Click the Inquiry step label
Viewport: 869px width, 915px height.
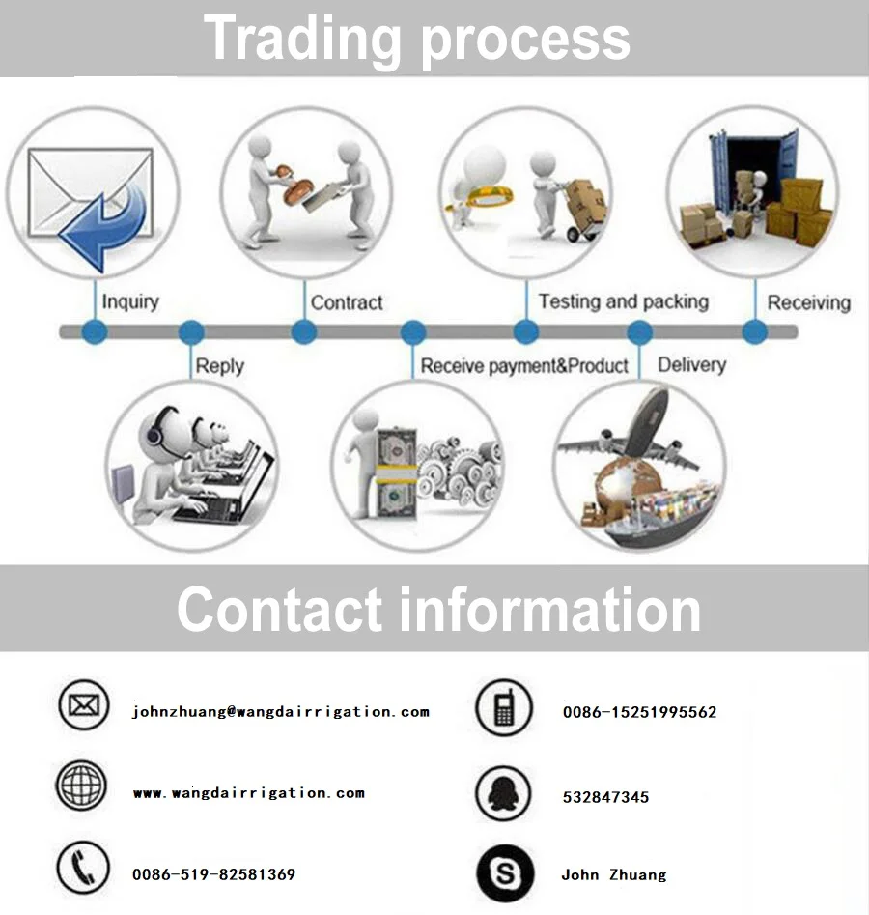tap(130, 302)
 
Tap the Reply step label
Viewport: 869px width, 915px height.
tap(219, 366)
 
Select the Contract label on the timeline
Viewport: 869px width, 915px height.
tap(347, 302)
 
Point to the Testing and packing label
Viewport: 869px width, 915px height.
tap(623, 301)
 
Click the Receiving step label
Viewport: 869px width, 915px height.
tap(808, 302)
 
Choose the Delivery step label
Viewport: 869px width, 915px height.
tap(691, 365)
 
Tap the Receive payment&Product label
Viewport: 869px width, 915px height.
tap(524, 366)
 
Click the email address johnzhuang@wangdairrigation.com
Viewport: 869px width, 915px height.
tap(280, 712)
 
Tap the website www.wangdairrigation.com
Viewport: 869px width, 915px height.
tap(248, 793)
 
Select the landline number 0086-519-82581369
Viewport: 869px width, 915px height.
tap(213, 874)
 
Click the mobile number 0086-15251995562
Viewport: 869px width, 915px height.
tap(639, 712)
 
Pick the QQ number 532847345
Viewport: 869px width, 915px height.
tap(605, 797)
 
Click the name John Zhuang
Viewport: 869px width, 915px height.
tap(613, 874)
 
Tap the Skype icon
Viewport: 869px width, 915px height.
tap(504, 873)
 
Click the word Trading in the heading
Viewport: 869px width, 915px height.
tap(302, 39)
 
